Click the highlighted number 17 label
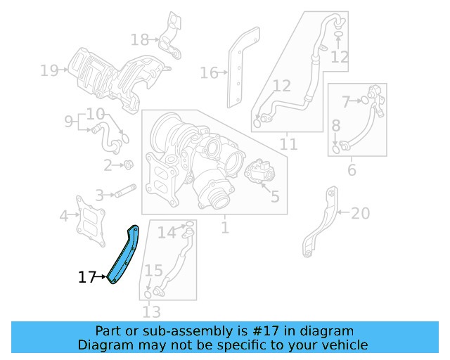[x=86, y=278]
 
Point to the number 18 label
[x=140, y=39]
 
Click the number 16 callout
[x=209, y=72]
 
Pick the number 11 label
[x=288, y=145]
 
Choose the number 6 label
[x=352, y=169]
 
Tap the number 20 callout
[x=359, y=212]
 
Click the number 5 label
[x=274, y=196]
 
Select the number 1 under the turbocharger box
[x=224, y=228]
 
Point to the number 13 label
[x=151, y=311]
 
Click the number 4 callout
[x=64, y=216]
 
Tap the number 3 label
[x=100, y=195]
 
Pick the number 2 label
[x=108, y=166]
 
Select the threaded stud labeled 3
[x=125, y=191]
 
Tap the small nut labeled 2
[x=129, y=165]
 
